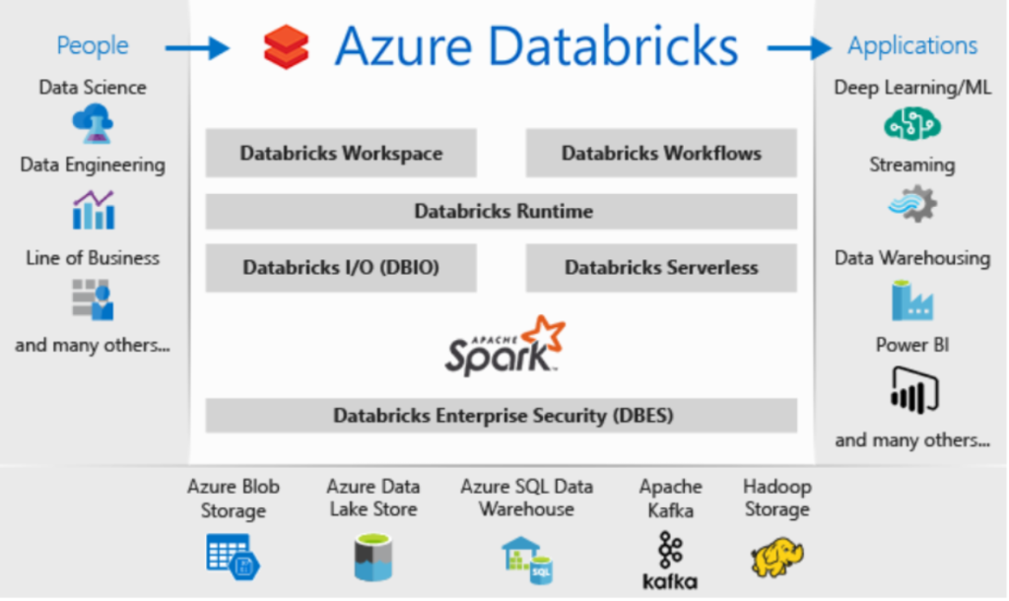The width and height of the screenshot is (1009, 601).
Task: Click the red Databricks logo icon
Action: pos(287,46)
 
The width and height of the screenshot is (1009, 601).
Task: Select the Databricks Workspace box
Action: pos(341,153)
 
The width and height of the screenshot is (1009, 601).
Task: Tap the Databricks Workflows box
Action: pos(661,153)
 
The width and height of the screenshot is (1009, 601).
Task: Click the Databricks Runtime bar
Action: pos(502,211)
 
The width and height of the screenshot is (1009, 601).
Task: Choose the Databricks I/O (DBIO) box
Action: pos(341,268)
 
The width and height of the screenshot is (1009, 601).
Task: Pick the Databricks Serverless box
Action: pos(661,268)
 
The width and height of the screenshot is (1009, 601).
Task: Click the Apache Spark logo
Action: pos(505,346)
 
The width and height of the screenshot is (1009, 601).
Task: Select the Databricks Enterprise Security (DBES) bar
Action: pos(502,416)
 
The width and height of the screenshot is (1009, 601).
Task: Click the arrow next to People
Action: pos(197,47)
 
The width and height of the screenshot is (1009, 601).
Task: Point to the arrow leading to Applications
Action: pos(799,47)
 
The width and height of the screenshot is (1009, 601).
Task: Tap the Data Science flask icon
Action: pos(94,123)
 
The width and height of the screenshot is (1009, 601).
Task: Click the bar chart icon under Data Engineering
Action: pos(94,210)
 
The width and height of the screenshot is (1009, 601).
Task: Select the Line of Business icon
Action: pos(93,300)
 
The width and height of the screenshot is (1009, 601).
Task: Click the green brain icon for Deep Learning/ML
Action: pos(911,123)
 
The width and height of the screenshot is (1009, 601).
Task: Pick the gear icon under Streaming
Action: pos(912,205)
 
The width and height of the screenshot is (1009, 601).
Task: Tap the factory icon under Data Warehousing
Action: pos(912,300)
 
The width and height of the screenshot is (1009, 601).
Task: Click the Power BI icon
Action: pos(914,390)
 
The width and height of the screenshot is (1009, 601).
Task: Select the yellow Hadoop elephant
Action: pos(777,558)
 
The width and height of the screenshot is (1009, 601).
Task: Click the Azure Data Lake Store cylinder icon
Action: pos(373,558)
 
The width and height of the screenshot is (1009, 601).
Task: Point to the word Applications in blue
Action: pos(911,45)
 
